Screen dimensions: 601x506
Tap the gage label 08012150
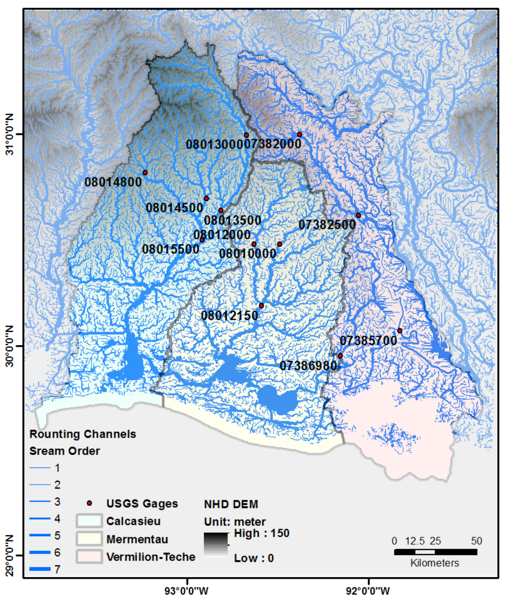pos(230,316)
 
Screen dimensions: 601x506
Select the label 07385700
pos(368,341)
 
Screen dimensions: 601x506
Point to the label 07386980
pos(308,366)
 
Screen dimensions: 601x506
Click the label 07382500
pos(327,225)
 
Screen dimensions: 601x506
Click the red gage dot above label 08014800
pos(145,173)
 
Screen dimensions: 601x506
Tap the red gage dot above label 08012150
pos(261,305)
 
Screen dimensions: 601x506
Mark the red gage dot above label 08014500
pos(206,198)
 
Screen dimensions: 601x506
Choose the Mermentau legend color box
pos(89,539)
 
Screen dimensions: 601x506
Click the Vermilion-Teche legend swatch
pos(89,557)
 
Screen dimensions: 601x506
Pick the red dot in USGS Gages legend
pos(90,503)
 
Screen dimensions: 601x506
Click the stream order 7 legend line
pos(40,569)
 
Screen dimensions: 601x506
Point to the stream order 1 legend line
pos(40,468)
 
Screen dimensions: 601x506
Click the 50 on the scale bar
pos(476,541)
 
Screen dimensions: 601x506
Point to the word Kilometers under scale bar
pos(435,563)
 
